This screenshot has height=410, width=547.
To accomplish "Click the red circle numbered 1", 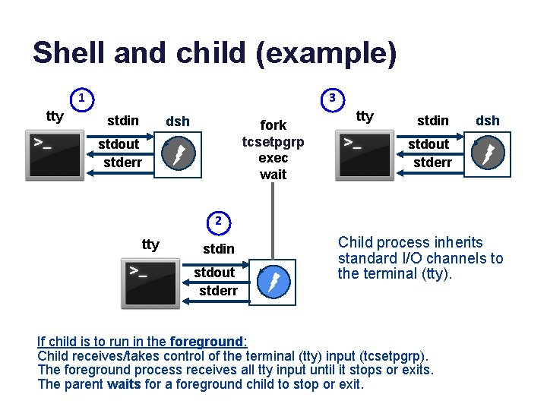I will (82, 98).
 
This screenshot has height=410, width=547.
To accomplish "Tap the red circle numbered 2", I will (217, 222).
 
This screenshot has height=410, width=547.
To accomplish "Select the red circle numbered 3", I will (332, 98).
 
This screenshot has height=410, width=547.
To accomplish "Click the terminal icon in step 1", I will (55, 156).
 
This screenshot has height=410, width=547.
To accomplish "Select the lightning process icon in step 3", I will (486, 154).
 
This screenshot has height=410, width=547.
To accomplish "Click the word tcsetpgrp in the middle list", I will (273, 142).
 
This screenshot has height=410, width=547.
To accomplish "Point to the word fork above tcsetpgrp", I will (273, 125).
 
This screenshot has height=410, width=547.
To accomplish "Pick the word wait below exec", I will (273, 175).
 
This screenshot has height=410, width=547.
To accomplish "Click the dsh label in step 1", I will (178, 121).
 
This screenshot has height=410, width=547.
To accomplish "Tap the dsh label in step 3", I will (488, 120).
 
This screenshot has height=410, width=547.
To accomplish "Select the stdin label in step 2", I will (219, 248).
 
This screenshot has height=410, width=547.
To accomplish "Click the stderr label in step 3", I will (432, 162).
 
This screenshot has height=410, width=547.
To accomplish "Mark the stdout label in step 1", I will (119, 144).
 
